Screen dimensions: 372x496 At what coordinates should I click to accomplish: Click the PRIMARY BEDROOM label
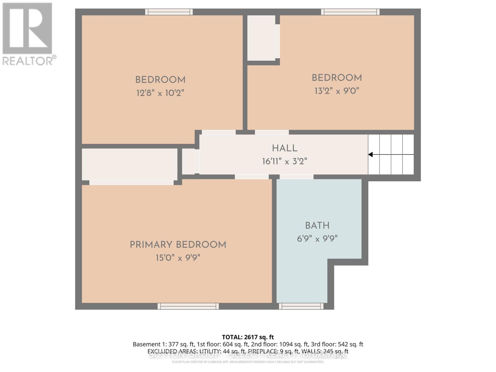[x=178, y=245]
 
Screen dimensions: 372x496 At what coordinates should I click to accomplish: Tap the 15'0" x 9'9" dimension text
[x=178, y=258]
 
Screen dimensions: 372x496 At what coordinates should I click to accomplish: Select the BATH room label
[x=317, y=225]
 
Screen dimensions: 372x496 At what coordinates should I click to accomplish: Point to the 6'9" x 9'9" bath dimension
[x=317, y=239]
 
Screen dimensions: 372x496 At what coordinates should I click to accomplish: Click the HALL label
[x=285, y=148]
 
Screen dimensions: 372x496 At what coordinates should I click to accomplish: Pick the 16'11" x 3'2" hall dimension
[x=285, y=161]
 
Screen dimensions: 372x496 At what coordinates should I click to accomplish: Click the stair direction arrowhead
[x=370, y=154]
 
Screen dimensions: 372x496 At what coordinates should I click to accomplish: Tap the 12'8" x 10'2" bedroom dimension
[x=160, y=93]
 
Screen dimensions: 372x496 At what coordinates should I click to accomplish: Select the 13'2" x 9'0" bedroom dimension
[x=337, y=91]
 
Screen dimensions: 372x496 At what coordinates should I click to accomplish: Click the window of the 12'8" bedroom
[x=169, y=12]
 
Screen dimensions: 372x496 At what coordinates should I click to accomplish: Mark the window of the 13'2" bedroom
[x=350, y=12]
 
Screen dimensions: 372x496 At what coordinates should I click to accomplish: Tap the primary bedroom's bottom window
[x=188, y=306]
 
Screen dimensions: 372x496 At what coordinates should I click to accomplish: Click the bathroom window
[x=301, y=306]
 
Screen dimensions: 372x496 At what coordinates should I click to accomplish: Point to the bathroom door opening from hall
[x=297, y=177]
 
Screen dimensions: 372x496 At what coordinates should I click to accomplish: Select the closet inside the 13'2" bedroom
[x=261, y=38]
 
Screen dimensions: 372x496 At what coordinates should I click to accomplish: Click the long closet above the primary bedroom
[x=129, y=164]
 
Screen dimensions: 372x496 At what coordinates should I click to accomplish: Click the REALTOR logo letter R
[x=27, y=29]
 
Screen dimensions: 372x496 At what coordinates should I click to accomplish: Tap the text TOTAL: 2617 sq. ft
[x=248, y=337]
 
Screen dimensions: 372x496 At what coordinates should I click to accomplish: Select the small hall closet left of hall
[x=188, y=162]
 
